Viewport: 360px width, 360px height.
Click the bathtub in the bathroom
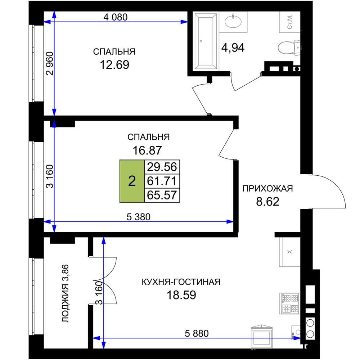(206, 41)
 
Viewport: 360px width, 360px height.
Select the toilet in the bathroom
(289, 48)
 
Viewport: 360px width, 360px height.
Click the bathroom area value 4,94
(233, 48)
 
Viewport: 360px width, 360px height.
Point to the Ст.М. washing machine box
(290, 22)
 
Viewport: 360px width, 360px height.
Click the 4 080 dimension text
(115, 17)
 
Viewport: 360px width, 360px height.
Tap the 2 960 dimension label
(50, 64)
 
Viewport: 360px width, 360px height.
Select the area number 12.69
(114, 65)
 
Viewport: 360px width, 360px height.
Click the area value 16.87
(147, 150)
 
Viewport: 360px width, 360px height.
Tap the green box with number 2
(132, 181)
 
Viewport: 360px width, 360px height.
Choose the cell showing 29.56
(162, 167)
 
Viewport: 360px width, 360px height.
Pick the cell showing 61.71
(162, 181)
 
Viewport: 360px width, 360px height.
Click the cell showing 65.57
(162, 195)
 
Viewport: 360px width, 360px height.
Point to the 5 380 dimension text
(139, 217)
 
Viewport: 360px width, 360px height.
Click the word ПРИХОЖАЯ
(268, 189)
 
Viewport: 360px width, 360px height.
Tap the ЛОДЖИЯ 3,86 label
(66, 293)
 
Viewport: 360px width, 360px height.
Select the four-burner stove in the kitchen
(290, 303)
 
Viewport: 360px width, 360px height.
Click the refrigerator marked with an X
(290, 252)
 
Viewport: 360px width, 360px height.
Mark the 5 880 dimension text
(197, 333)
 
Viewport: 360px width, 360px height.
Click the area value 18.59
(181, 295)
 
